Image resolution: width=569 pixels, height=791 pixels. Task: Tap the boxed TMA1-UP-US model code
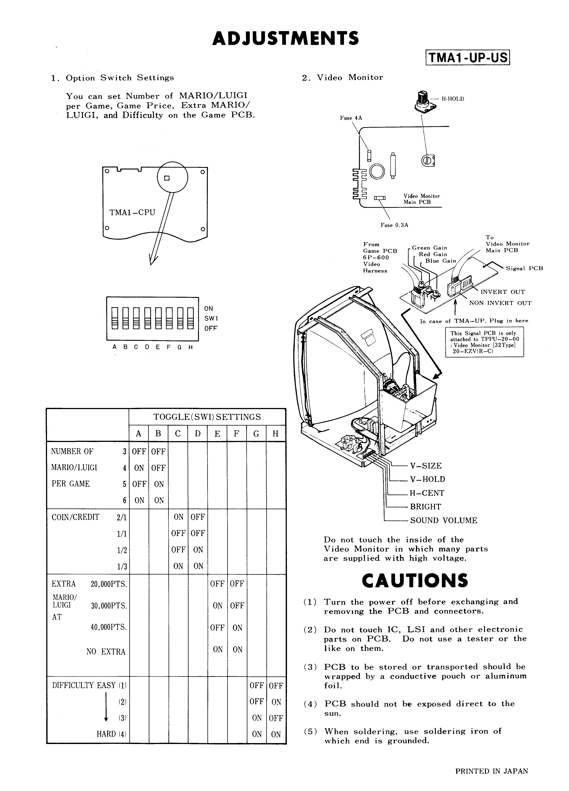pos(467,57)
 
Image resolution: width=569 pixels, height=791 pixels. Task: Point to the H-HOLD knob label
pos(453,99)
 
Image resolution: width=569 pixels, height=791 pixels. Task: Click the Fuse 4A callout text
pos(351,118)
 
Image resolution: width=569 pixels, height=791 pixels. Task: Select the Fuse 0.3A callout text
pos(394,225)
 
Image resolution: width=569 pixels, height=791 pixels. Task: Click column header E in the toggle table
pos(217,434)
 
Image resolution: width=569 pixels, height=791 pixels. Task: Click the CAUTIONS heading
pos(415,580)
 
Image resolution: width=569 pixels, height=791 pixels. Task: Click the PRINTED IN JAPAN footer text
pos(491,771)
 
